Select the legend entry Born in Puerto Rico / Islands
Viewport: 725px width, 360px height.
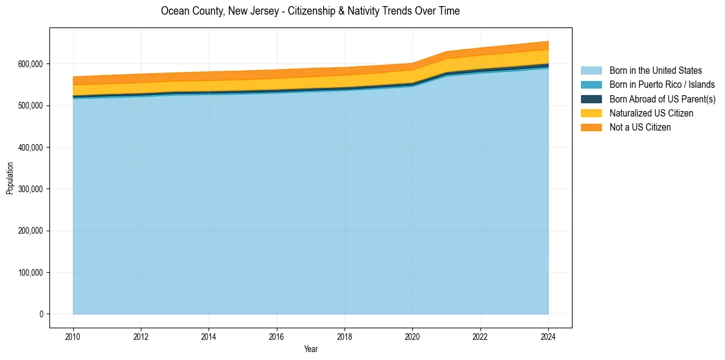point(662,85)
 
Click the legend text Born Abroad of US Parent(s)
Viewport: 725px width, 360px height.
point(662,99)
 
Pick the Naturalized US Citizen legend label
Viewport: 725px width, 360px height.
point(651,113)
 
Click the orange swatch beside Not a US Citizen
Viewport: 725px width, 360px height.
point(591,127)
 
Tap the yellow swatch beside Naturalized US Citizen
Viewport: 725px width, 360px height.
point(591,113)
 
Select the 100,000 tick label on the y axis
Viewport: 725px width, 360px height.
point(30,272)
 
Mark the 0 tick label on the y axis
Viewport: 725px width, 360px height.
point(41,314)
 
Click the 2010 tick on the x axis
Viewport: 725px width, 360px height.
point(73,336)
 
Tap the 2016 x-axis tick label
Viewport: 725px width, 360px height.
point(277,336)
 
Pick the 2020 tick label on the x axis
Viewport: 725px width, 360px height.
point(413,336)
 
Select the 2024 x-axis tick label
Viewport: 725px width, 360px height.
point(548,336)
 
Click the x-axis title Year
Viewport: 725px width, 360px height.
point(310,349)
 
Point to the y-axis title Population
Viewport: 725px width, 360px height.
point(10,178)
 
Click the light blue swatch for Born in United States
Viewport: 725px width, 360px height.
point(591,71)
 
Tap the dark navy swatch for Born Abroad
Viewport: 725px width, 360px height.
point(591,99)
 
